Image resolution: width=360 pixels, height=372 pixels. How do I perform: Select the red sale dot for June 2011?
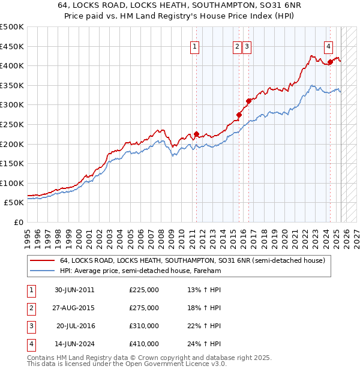(x=196, y=134)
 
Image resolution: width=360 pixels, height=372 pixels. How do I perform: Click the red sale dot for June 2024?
(x=330, y=62)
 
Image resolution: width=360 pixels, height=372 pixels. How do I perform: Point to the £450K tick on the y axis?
(x=12, y=46)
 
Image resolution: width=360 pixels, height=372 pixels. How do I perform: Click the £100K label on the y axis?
(x=12, y=183)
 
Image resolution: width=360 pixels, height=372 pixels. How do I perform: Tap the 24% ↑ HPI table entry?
(x=204, y=344)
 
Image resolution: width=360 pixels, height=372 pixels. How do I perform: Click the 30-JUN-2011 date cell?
(x=74, y=290)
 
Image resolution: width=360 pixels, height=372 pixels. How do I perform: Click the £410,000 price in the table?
(x=144, y=344)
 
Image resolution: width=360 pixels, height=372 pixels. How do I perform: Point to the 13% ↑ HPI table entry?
(x=204, y=290)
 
